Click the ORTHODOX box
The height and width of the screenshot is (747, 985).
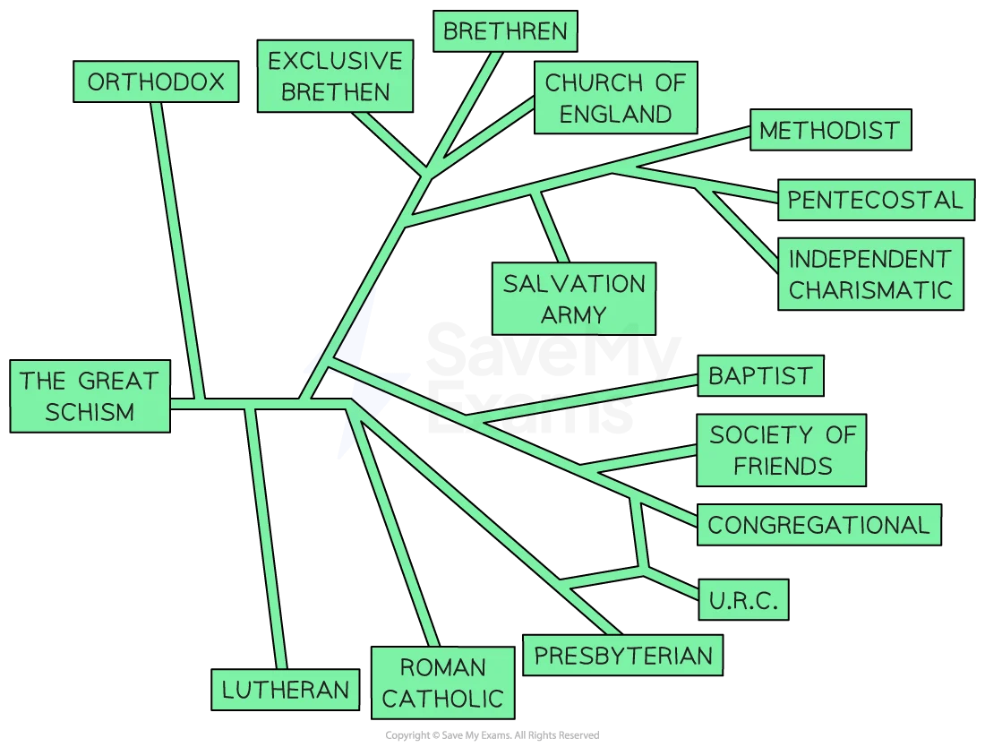click(x=156, y=82)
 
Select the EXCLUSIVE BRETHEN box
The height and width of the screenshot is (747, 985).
click(x=335, y=76)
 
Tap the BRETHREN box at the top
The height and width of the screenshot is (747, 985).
click(x=505, y=31)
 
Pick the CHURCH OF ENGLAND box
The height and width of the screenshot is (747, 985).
click(x=615, y=99)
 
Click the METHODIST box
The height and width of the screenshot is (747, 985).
click(x=829, y=131)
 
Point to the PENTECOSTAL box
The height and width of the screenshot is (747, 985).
click(x=876, y=200)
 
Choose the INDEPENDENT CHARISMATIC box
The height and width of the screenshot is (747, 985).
click(x=870, y=274)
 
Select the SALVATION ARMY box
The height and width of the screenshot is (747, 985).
click(x=574, y=299)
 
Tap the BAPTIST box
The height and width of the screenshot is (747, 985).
click(x=760, y=375)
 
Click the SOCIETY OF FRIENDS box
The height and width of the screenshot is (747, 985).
click(x=782, y=451)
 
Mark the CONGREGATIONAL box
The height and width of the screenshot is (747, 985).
click(x=819, y=525)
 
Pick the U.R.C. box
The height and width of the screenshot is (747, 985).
click(x=743, y=598)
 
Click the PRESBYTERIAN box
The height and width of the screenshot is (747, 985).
click(x=623, y=656)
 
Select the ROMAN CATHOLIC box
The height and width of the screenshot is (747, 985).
click(x=443, y=683)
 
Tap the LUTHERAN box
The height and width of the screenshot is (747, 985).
click(x=285, y=689)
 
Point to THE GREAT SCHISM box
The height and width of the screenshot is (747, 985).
click(x=90, y=396)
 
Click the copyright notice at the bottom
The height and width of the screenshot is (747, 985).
click(x=492, y=735)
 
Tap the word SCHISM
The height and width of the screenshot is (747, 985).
click(x=90, y=412)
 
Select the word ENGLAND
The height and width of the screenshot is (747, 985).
click(x=615, y=114)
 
